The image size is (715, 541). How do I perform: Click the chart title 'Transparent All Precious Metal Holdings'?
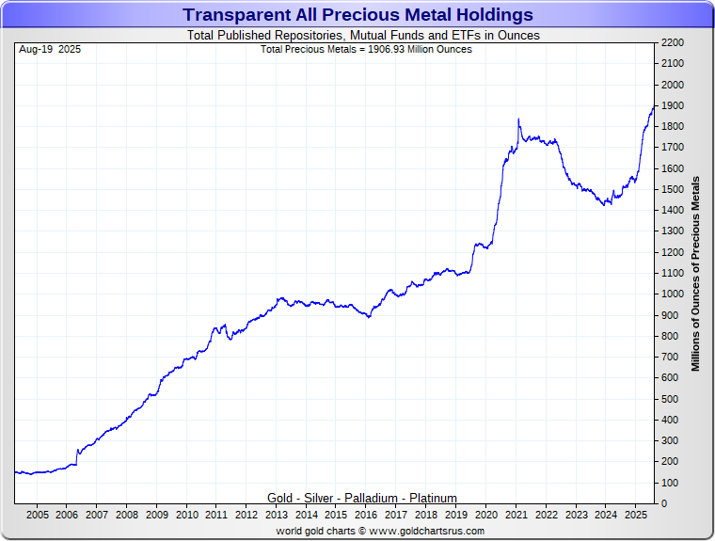[x=357, y=15]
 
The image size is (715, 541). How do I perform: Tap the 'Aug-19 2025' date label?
[x=49, y=49]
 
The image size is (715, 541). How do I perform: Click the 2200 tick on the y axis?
[x=674, y=43]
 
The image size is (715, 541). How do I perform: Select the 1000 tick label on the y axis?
[x=674, y=294]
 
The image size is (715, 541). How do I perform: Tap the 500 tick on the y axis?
[x=671, y=399]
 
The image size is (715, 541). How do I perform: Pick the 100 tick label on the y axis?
[x=671, y=483]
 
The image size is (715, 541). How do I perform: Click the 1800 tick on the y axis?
[x=674, y=127]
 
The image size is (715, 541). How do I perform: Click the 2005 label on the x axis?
[x=37, y=515]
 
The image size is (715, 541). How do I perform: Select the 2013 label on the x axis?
[x=277, y=515]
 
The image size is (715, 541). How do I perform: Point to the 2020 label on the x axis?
[x=485, y=515]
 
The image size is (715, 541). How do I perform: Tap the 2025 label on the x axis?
[x=635, y=515]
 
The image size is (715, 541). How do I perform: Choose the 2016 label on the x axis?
[x=366, y=515]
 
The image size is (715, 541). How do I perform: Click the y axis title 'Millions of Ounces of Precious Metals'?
[x=696, y=274]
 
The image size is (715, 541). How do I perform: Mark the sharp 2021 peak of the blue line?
[x=518, y=119]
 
